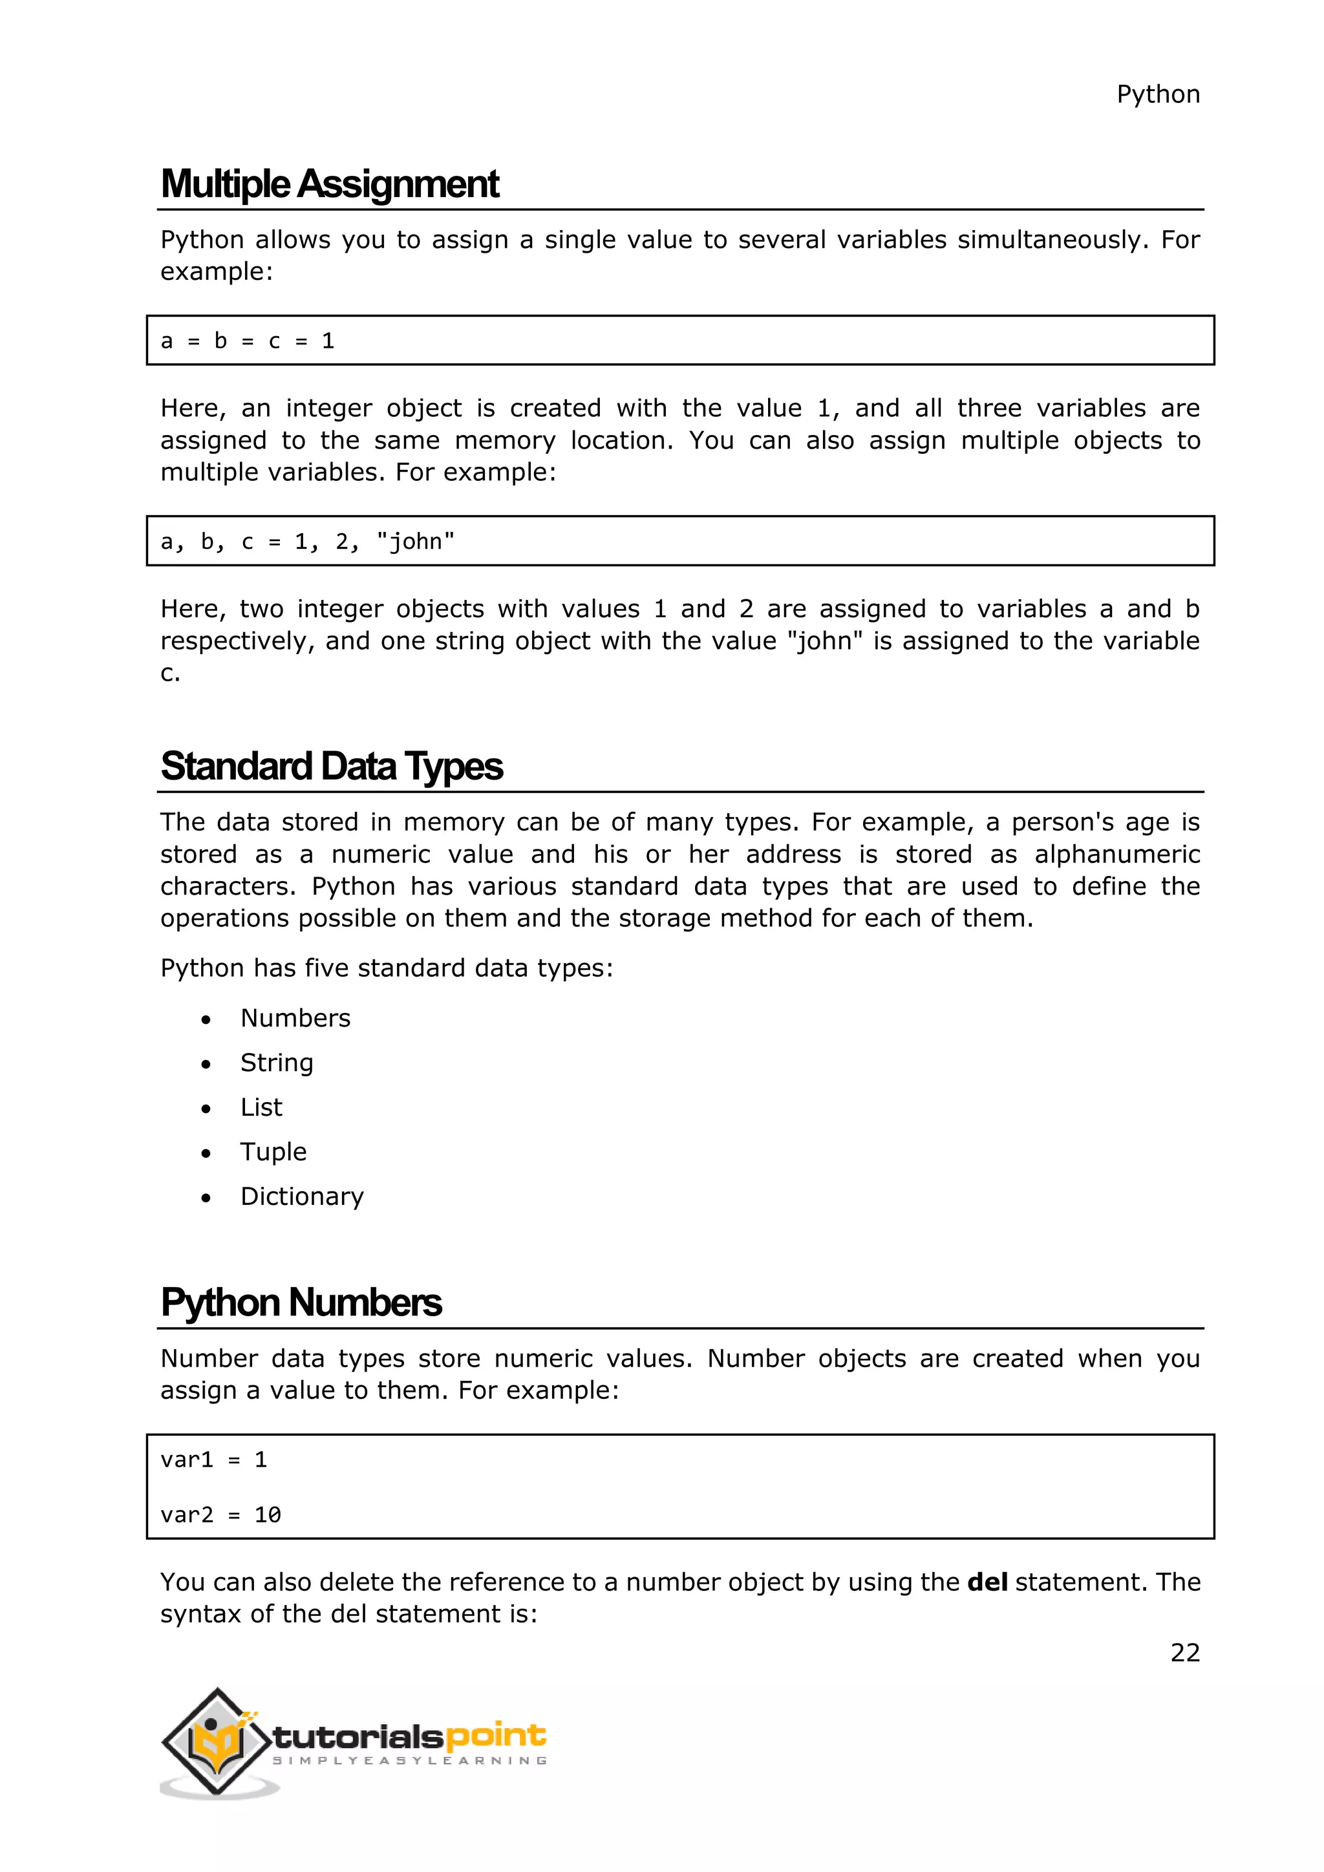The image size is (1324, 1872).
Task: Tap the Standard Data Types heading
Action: coord(331,767)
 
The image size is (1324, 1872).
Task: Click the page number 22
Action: coord(1184,1653)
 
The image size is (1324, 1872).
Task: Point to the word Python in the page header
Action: coord(1158,94)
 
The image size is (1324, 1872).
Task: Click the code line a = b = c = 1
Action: coord(247,341)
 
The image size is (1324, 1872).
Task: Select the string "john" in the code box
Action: coord(415,542)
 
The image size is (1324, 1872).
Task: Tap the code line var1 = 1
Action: coord(213,1460)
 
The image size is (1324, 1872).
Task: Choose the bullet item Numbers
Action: coord(295,1018)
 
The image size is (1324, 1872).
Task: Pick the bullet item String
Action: coord(277,1063)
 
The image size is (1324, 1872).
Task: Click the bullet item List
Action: coord(261,1107)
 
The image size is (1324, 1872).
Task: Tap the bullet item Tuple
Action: coord(273,1152)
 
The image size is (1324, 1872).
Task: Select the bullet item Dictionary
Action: coord(302,1197)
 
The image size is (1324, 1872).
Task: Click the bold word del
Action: coord(987,1582)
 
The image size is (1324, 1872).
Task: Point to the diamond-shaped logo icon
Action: coord(216,1741)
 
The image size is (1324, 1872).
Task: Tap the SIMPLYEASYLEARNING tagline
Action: coord(409,1761)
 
